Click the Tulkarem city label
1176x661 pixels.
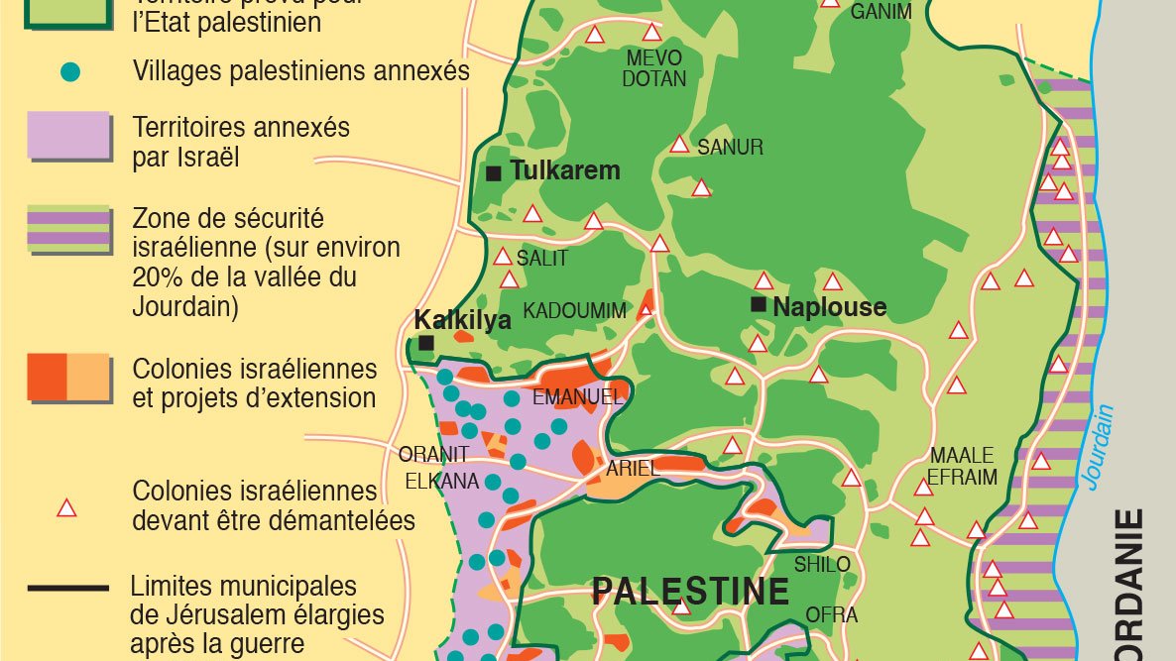(x=565, y=170)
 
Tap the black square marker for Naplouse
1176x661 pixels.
(x=760, y=305)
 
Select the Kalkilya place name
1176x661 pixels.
(x=462, y=320)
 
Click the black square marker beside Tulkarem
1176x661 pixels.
(x=494, y=173)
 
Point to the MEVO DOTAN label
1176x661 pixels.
(x=654, y=68)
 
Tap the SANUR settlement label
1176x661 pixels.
(x=730, y=148)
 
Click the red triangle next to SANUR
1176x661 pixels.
(x=679, y=144)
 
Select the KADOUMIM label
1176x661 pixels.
(x=575, y=311)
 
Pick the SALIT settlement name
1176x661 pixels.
(x=542, y=259)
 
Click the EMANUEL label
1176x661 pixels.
(x=578, y=397)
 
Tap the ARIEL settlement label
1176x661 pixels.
(x=633, y=469)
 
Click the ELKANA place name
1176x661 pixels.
(x=441, y=482)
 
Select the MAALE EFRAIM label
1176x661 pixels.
(x=962, y=467)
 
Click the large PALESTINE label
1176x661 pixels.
(x=690, y=592)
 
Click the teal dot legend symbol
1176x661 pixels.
(x=69, y=72)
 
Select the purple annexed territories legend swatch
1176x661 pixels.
(x=67, y=136)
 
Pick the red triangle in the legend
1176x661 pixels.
(x=66, y=508)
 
